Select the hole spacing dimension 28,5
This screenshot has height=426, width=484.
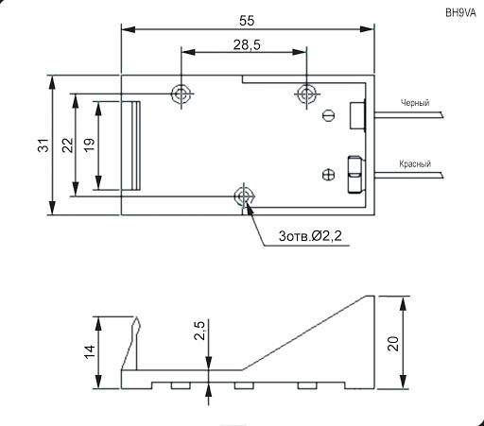click(243, 45)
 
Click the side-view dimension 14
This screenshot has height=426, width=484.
click(89, 351)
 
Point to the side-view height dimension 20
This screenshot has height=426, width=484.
click(394, 341)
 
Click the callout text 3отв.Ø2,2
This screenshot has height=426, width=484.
click(317, 234)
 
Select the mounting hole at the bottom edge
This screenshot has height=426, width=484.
click(244, 196)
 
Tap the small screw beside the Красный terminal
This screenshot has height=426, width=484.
click(328, 173)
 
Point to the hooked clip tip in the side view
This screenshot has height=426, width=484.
click(138, 325)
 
